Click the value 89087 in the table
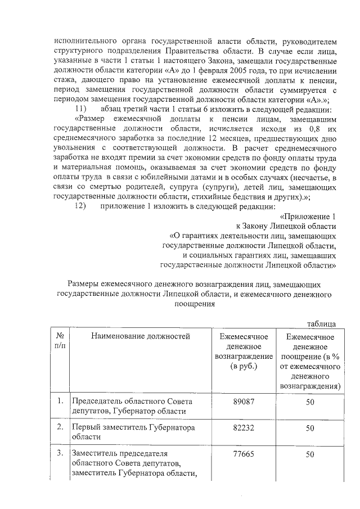(244, 402)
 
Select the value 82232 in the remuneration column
(244, 428)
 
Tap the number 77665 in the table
(244, 454)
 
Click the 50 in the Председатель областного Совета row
(309, 402)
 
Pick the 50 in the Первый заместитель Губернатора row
(309, 428)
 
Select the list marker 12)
(80, 206)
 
